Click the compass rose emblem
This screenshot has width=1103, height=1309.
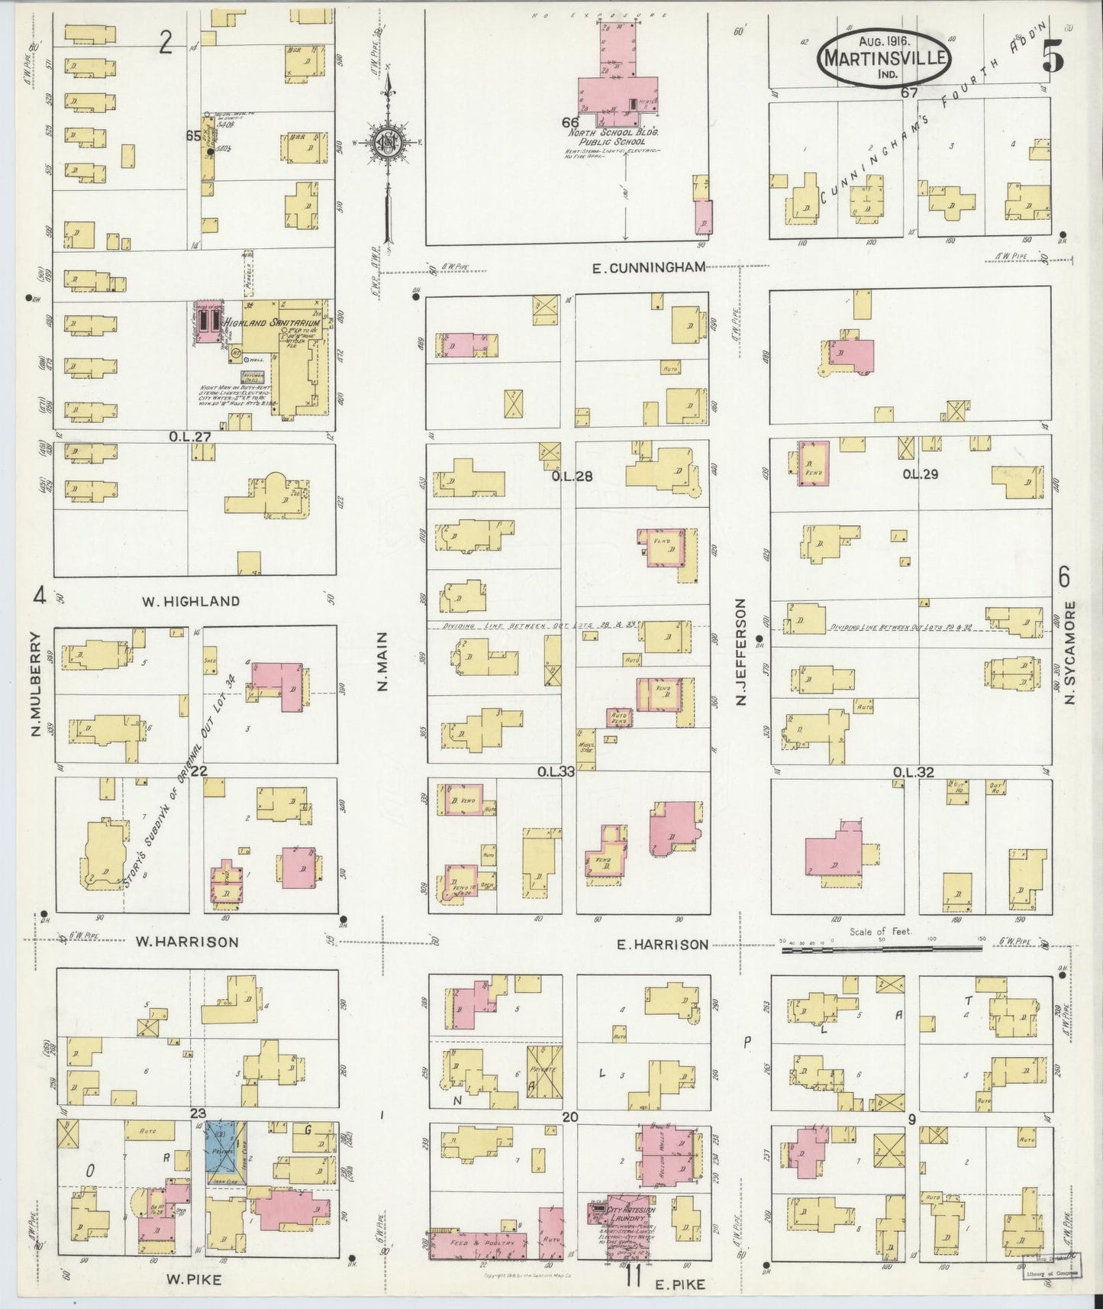(x=388, y=142)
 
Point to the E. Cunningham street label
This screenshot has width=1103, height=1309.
(x=648, y=267)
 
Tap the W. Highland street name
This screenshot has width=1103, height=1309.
(x=191, y=601)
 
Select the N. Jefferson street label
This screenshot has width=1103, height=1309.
(x=740, y=651)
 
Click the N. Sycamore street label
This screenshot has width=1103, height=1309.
(x=1070, y=652)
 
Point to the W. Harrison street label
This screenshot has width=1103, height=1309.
(x=187, y=942)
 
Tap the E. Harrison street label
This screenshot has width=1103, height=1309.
(x=662, y=944)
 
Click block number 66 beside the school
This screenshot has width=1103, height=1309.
(x=569, y=121)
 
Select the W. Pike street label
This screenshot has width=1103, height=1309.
(x=194, y=1279)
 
